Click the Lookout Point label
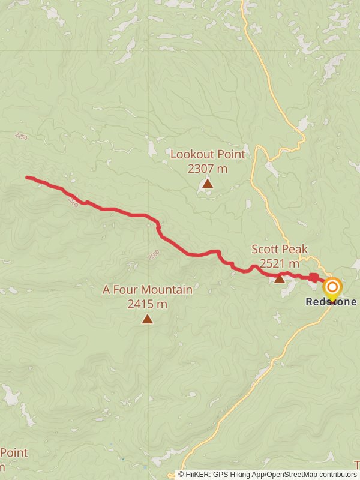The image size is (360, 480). tap(208, 154)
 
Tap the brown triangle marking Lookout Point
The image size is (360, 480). tap(208, 184)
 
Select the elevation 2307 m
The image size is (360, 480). tap(208, 169)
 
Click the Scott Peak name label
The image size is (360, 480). tap(280, 249)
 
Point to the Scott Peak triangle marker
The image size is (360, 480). tap(280, 278)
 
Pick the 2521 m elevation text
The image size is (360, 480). tap(280, 263)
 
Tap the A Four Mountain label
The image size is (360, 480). tap(148, 290)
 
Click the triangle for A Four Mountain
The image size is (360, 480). tap(148, 319)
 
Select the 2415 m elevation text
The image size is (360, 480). tap(148, 304)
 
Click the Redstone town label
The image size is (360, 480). tap(331, 302)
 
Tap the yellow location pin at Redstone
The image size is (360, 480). tap(332, 289)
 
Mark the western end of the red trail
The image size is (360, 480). tap(27, 177)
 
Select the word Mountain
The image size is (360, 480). tap(168, 290)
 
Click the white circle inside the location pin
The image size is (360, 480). tap(332, 286)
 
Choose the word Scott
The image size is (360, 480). tap(265, 249)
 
